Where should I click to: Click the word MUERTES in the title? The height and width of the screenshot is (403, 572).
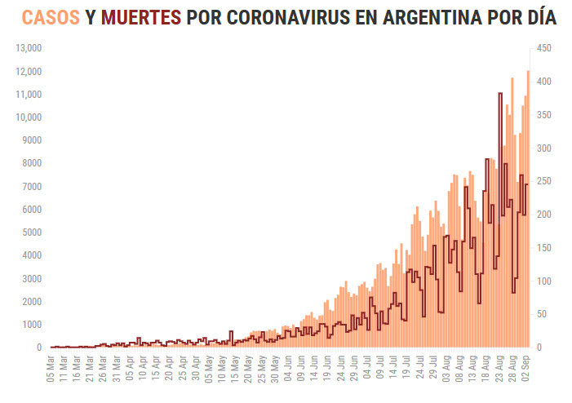tap(140, 17)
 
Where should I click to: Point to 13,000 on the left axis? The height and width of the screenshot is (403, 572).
tap(29, 48)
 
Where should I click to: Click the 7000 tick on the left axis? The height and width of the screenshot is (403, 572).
tap(31, 187)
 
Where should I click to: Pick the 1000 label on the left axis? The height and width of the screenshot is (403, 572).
tap(31, 325)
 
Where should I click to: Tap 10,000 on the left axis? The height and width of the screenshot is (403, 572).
tap(29, 117)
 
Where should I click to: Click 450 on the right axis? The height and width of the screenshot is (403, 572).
tap(544, 48)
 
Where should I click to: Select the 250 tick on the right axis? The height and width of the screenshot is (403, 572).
tap(544, 181)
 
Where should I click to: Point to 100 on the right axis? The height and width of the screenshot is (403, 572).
tap(544, 281)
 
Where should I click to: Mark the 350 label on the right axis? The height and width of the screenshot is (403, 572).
tap(544, 115)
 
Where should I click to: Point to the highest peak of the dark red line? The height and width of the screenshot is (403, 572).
tap(499, 94)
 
